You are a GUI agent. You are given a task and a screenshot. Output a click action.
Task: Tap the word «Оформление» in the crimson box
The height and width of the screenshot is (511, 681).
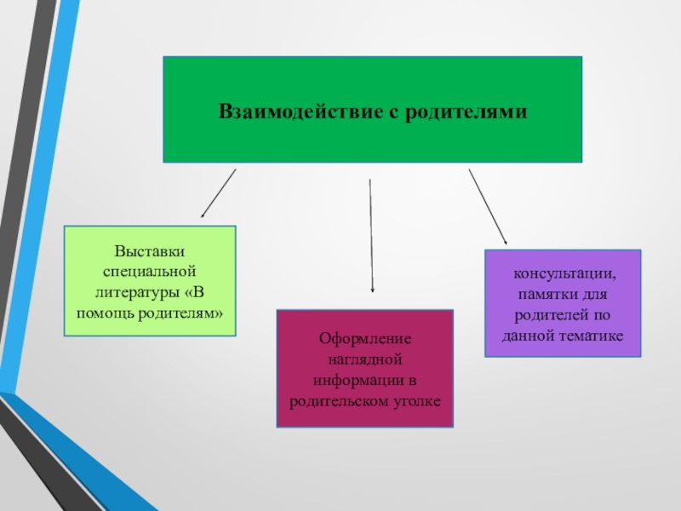pyautogui.click(x=364, y=338)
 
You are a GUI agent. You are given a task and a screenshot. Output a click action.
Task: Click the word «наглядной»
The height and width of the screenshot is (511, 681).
pyautogui.click(x=364, y=359)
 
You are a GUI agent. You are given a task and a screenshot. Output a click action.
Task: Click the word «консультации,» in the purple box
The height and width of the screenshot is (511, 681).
pyautogui.click(x=563, y=275)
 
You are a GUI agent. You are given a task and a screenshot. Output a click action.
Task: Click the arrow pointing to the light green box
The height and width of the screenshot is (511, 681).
pyautogui.click(x=218, y=193)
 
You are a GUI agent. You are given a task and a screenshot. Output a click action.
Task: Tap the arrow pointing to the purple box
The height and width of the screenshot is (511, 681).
pyautogui.click(x=487, y=207)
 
